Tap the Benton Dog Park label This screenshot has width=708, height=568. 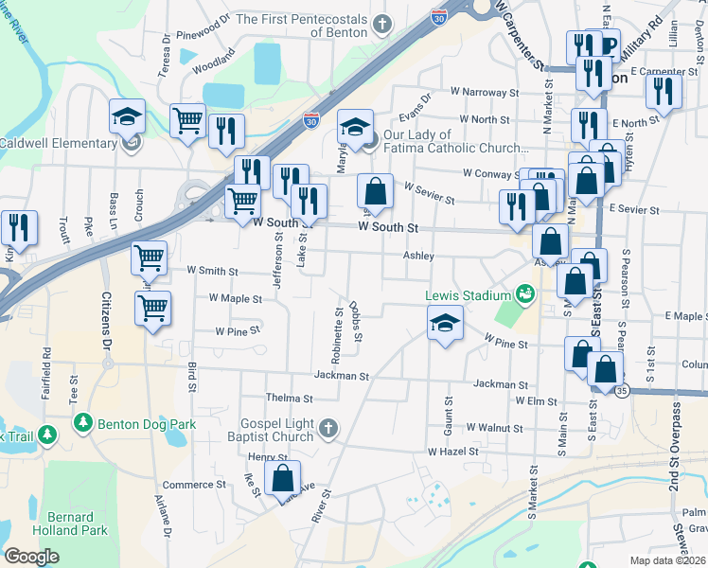pos(148,424)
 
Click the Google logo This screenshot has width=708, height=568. pos(31,557)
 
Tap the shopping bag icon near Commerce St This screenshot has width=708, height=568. pos(282,478)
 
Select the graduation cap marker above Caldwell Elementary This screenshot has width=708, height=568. pos(127,116)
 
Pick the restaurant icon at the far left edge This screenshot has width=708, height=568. pos(18,228)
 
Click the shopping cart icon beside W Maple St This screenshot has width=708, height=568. pos(151,307)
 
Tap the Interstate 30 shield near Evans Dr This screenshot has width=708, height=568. pos(310,120)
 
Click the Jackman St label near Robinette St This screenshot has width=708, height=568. pos(341,376)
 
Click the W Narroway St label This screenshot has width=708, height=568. pos(485,93)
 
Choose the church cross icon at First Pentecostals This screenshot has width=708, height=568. pos(381,24)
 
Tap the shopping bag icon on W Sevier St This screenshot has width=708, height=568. pos(375,191)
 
